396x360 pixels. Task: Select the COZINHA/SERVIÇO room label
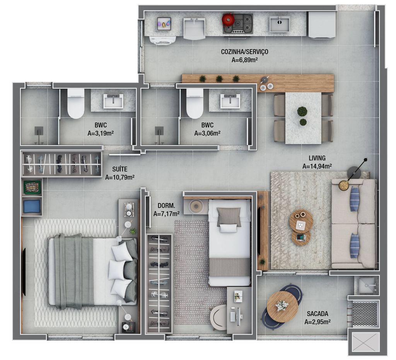[x=244, y=52]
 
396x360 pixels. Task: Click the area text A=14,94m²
[x=317, y=166]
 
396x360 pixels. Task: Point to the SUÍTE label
[x=120, y=169]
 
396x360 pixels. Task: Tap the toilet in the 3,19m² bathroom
[x=76, y=103]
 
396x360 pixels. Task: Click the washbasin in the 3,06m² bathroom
[x=230, y=101]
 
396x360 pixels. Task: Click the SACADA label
[x=317, y=314]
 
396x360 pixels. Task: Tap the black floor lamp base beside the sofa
[x=354, y=173]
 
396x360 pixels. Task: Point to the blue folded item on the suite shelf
[x=32, y=206]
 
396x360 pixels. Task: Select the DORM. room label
[x=166, y=205]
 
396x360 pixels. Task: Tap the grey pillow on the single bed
[x=228, y=217]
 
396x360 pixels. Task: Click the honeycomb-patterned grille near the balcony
[x=364, y=314]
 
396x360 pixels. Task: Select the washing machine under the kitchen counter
[x=162, y=40]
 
